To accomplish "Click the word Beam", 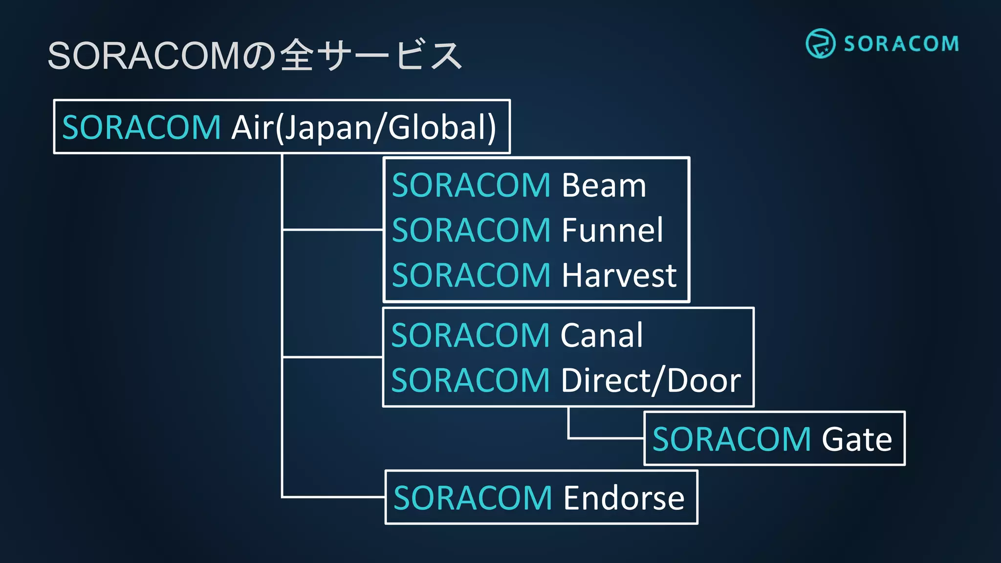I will (x=604, y=186).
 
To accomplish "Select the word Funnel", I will (x=612, y=230).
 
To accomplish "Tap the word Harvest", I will (x=619, y=275).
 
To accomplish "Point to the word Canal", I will (x=602, y=336).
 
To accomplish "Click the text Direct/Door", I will (x=651, y=381).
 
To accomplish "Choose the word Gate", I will (x=856, y=439).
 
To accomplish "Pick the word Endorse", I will (x=624, y=498).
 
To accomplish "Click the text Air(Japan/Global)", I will (x=364, y=128).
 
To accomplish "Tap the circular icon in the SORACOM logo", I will (x=820, y=43).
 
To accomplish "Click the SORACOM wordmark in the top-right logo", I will (x=901, y=44).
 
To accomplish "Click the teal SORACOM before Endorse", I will (x=473, y=498).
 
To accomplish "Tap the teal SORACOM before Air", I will (x=142, y=128).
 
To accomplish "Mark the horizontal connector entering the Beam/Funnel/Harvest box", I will (x=332, y=229).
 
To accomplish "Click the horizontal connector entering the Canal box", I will (x=332, y=357).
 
